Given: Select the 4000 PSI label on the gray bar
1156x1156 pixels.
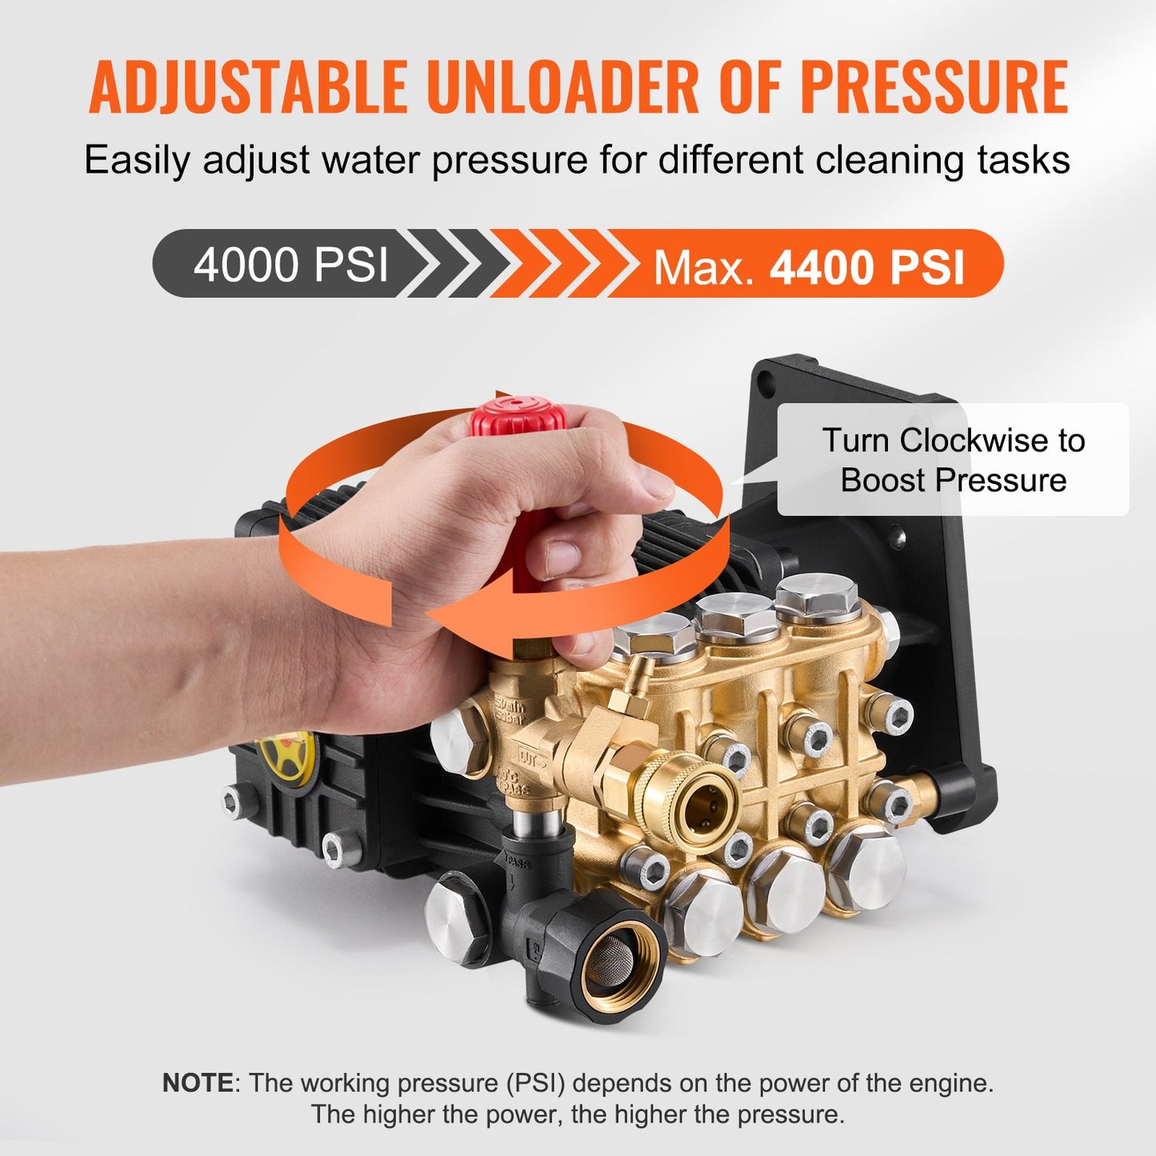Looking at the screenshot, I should point(290,264).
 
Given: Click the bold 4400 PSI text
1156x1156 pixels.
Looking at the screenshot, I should point(867,267).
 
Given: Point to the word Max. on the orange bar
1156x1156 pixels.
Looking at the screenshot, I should point(704,268).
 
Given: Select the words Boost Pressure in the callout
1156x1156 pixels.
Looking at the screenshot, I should point(954,480).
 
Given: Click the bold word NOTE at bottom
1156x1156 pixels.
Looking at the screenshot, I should point(197,1083).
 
